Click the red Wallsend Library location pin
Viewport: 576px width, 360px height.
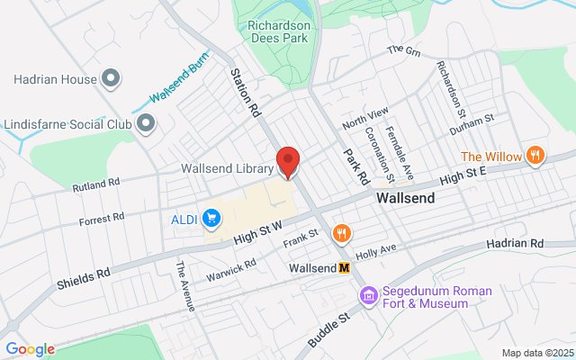click(x=288, y=161)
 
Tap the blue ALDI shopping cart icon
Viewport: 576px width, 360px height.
click(x=211, y=218)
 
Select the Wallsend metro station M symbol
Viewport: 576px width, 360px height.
click(x=344, y=268)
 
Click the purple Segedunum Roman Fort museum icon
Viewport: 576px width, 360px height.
click(x=367, y=295)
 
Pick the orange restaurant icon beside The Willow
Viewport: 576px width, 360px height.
click(x=535, y=156)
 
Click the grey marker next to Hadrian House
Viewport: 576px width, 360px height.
click(x=111, y=79)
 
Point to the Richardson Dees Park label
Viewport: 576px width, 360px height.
click(x=279, y=33)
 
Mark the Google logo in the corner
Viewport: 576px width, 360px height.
click(x=30, y=349)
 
